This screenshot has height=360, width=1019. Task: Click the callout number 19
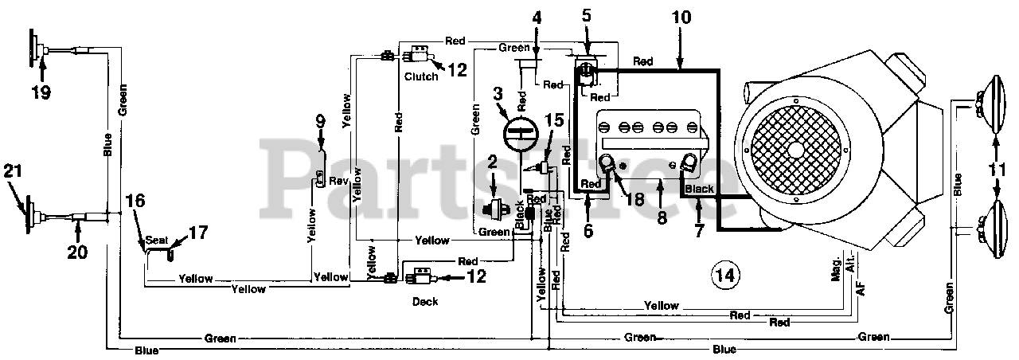pos(41,92)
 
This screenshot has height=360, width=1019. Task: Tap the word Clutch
pos(420,77)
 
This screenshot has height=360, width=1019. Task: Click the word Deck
pos(426,302)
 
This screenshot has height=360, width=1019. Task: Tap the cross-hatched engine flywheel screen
pos(794,149)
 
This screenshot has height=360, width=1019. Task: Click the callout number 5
pos(587,15)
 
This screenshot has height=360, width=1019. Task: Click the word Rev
pos(340,181)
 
